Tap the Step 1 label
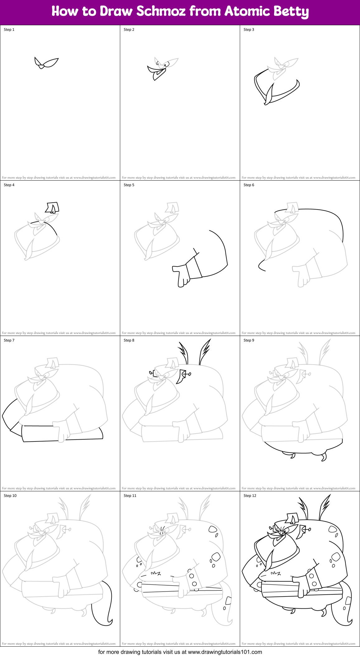tap(9, 30)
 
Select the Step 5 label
tap(129, 185)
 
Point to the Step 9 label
tap(249, 340)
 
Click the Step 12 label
tap(250, 496)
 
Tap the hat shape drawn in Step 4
tap(52, 207)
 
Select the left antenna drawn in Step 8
tap(184, 353)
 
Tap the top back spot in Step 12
tap(332, 529)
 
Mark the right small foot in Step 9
tap(324, 457)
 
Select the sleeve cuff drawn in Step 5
tap(194, 268)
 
